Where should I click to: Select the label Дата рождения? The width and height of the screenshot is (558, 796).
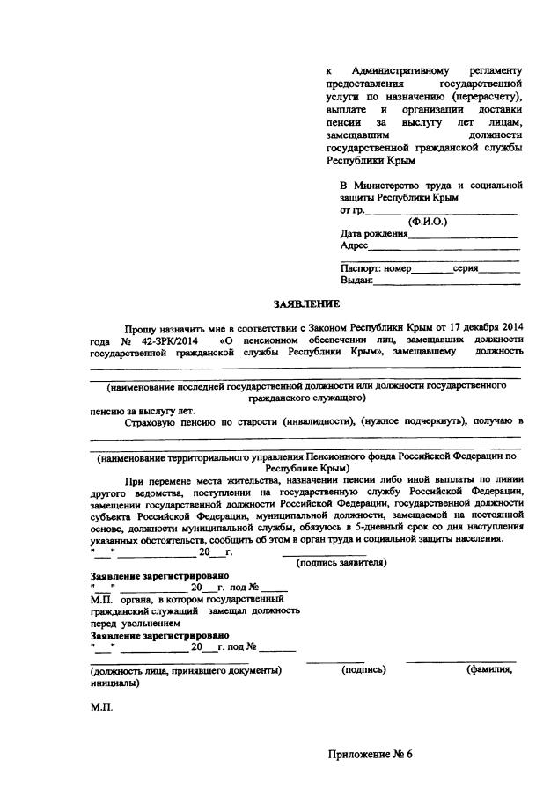click(x=374, y=234)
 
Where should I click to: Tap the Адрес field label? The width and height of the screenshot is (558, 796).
click(x=354, y=246)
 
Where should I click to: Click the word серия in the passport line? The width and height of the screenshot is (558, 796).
click(x=466, y=268)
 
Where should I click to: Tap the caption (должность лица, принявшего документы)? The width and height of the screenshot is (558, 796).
click(x=186, y=670)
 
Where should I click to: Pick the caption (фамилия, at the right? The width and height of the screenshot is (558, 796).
click(x=489, y=670)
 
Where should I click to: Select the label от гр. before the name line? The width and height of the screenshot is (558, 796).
click(x=352, y=211)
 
